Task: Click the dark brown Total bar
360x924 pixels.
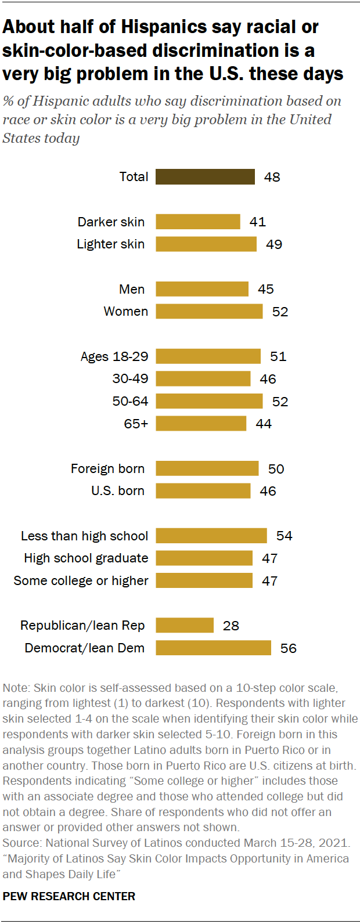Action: tap(205, 177)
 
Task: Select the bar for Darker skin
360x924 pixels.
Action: tap(197, 222)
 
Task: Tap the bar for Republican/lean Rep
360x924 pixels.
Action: tap(185, 625)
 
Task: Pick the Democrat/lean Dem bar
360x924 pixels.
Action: tap(213, 648)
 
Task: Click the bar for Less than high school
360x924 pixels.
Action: tap(211, 536)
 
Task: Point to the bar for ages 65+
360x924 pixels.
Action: tap(201, 424)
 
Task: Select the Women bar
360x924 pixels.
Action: tap(209, 312)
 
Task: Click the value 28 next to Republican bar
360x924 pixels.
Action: tap(231, 626)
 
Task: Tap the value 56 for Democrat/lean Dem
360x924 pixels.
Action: tap(289, 648)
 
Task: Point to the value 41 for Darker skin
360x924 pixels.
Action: tap(258, 222)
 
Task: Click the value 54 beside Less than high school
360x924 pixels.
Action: tap(285, 536)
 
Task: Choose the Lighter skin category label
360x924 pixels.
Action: tap(110, 244)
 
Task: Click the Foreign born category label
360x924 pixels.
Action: tap(107, 469)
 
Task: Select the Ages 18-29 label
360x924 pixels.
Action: tap(114, 356)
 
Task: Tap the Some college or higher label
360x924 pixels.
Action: tap(81, 581)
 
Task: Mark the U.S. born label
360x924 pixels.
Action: tap(117, 491)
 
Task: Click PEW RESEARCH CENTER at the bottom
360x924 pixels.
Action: tap(69, 896)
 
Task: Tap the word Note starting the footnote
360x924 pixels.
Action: tap(15, 688)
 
